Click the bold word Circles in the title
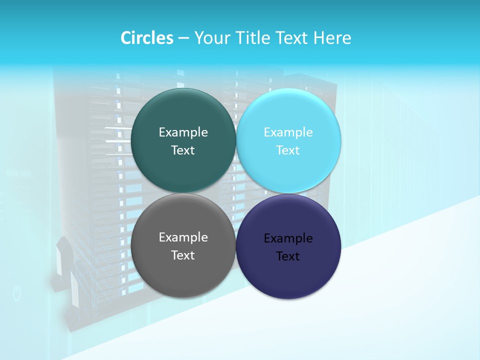(x=146, y=38)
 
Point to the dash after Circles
(x=183, y=38)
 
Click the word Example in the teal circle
(x=183, y=132)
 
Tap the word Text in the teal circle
(x=183, y=150)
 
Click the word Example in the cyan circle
(x=288, y=132)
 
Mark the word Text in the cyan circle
(x=288, y=150)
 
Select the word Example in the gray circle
(x=183, y=237)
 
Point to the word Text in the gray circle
(x=183, y=255)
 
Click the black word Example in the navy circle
(x=288, y=238)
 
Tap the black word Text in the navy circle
(x=288, y=256)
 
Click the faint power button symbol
(x=17, y=293)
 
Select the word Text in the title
(x=292, y=38)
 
